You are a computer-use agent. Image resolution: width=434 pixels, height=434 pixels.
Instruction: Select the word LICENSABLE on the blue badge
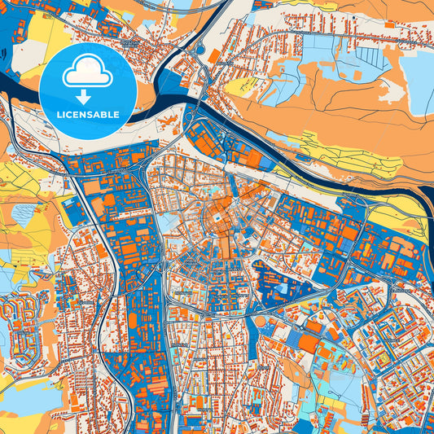pyautogui.click(x=88, y=113)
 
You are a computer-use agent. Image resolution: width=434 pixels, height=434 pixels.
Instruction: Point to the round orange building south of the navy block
pyautogui.click(x=260, y=321)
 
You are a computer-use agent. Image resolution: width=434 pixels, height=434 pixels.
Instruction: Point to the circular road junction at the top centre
pyautogui.click(x=199, y=50)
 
